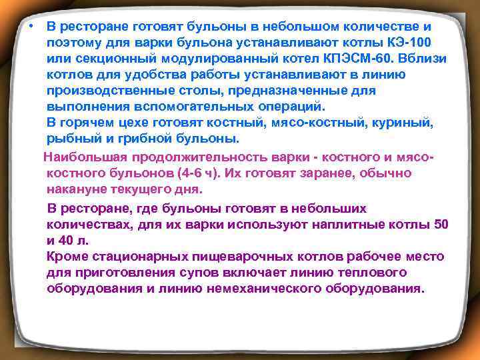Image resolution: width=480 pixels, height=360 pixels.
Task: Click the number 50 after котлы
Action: pos(440,225)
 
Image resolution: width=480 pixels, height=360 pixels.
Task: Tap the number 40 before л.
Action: pos(69,241)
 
